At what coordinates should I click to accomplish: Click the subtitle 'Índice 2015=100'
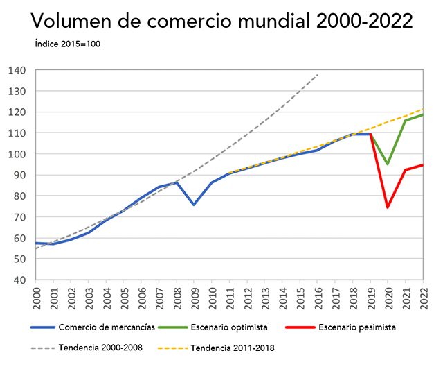[69, 44]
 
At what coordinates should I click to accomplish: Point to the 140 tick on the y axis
[17, 70]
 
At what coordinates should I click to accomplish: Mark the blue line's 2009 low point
[194, 205]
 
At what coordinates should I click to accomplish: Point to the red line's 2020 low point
[388, 207]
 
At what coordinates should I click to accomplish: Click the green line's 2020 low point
[388, 164]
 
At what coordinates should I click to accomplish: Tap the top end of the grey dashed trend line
[318, 74]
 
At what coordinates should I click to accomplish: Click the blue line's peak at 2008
[177, 182]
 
